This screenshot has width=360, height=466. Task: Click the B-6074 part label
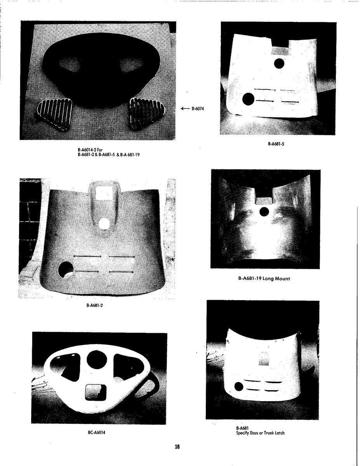click(198, 109)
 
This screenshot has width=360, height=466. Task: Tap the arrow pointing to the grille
click(185, 109)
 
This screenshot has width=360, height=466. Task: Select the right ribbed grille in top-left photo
click(147, 113)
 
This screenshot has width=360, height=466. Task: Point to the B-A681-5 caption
click(276, 144)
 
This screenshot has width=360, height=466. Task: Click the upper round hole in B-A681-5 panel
click(279, 63)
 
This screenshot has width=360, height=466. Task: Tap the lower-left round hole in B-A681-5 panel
click(248, 99)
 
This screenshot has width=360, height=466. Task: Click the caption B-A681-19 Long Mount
click(264, 278)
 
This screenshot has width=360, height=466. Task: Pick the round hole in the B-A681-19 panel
click(264, 212)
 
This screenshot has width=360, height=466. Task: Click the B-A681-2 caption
click(94, 305)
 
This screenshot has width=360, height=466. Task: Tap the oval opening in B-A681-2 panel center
click(104, 224)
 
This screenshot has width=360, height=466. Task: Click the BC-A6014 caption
click(97, 433)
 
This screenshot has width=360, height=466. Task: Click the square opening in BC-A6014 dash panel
click(96, 392)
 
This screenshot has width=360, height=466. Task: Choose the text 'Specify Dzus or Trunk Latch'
click(260, 433)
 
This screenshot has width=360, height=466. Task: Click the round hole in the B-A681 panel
click(239, 386)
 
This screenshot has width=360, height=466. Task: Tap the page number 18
click(177, 447)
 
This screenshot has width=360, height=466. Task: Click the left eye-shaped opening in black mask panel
click(70, 65)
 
